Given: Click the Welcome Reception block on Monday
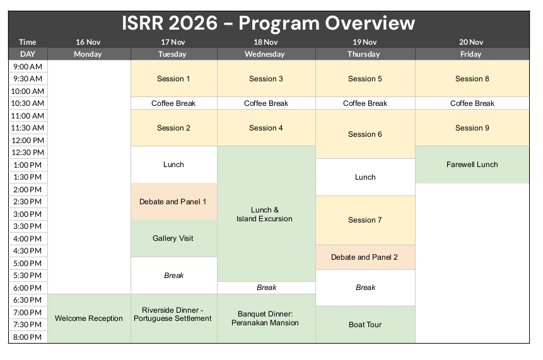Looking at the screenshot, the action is click(89, 318).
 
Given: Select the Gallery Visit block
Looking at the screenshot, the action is click(174, 238).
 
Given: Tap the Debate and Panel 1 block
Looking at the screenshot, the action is click(174, 202).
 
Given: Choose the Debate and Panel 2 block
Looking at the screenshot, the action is click(365, 257).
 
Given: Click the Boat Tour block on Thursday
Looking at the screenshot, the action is click(365, 324).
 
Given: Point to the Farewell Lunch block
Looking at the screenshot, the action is click(472, 165).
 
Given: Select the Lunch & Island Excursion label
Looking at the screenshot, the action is click(265, 214).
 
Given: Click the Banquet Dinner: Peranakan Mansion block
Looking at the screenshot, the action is click(266, 318).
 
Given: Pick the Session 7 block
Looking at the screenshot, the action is click(365, 220).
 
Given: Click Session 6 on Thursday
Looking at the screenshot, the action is click(365, 134).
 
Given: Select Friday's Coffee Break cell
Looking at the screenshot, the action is click(472, 103).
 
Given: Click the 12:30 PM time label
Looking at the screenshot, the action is click(28, 153).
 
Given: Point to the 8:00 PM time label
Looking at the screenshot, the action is click(28, 337).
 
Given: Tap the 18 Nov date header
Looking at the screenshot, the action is click(266, 42).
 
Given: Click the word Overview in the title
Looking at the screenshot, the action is click(370, 23).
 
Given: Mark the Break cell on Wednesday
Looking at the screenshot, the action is click(266, 287).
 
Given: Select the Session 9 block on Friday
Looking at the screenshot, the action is click(472, 128).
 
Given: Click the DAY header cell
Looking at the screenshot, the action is click(28, 54).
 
